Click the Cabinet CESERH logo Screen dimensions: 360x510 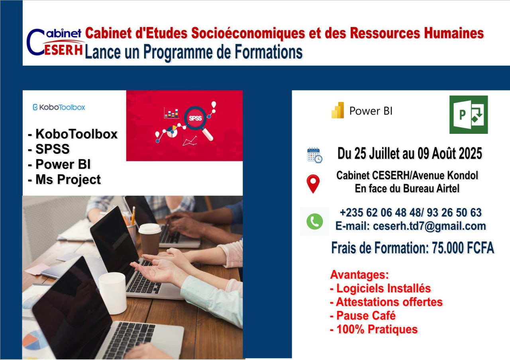click(55, 42)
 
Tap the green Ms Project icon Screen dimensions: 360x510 click(468, 115)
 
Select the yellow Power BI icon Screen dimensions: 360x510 click(337, 111)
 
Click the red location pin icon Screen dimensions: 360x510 click(313, 184)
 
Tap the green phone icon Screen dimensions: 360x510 click(314, 221)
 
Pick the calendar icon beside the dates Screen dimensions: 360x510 click(314, 155)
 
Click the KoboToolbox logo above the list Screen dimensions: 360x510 click(59, 107)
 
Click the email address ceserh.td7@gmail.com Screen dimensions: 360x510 click(429, 226)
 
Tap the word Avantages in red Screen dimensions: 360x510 click(359, 275)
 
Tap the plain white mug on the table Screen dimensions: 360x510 click(112, 292)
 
